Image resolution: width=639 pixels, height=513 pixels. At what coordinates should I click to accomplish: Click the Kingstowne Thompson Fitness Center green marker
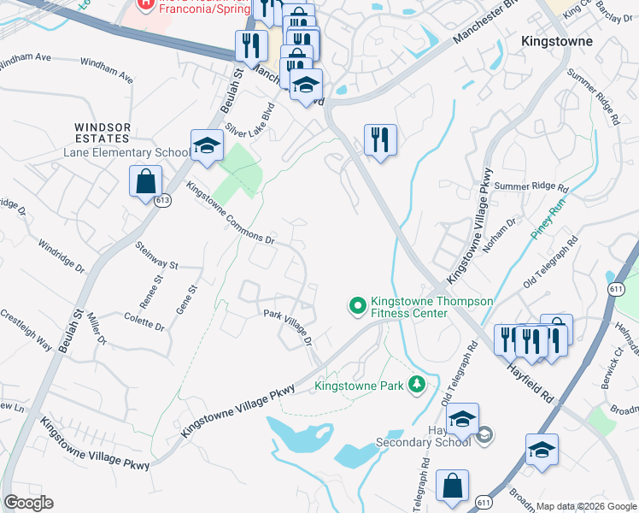click(x=357, y=304)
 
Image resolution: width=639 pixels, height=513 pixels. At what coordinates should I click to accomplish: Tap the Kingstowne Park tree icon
click(x=416, y=385)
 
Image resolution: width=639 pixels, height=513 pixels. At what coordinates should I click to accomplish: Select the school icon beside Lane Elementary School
click(x=206, y=147)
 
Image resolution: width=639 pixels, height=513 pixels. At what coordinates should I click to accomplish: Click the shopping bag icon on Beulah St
click(x=145, y=181)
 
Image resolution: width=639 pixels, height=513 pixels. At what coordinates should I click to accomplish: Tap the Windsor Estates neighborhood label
click(x=103, y=133)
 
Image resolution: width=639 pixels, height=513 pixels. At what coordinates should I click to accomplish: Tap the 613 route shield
click(x=162, y=200)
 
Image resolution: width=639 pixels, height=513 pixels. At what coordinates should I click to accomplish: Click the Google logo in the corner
click(x=28, y=503)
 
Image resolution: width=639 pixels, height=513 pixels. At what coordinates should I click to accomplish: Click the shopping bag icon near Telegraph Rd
click(x=452, y=486)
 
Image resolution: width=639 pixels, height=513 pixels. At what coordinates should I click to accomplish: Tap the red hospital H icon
click(x=146, y=4)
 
